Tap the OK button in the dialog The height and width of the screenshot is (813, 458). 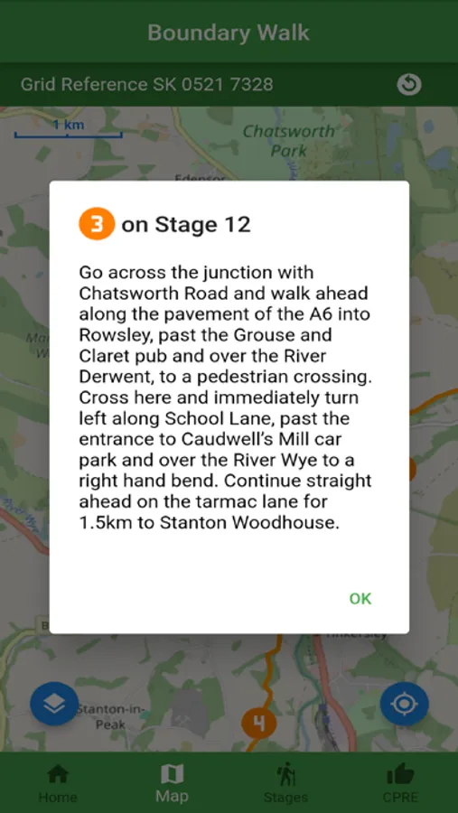[x=360, y=598]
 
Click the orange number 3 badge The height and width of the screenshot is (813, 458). [x=97, y=224]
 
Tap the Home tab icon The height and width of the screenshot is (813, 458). [x=58, y=774]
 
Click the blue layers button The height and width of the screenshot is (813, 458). [x=54, y=704]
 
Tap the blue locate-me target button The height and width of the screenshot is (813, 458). [x=404, y=704]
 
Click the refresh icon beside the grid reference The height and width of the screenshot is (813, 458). [x=409, y=84]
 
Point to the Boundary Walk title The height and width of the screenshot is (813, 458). [x=229, y=33]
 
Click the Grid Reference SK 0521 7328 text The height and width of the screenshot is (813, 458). [x=147, y=85]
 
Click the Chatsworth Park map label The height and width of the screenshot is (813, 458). [x=287, y=141]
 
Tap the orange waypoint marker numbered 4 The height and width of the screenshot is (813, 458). [x=259, y=723]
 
